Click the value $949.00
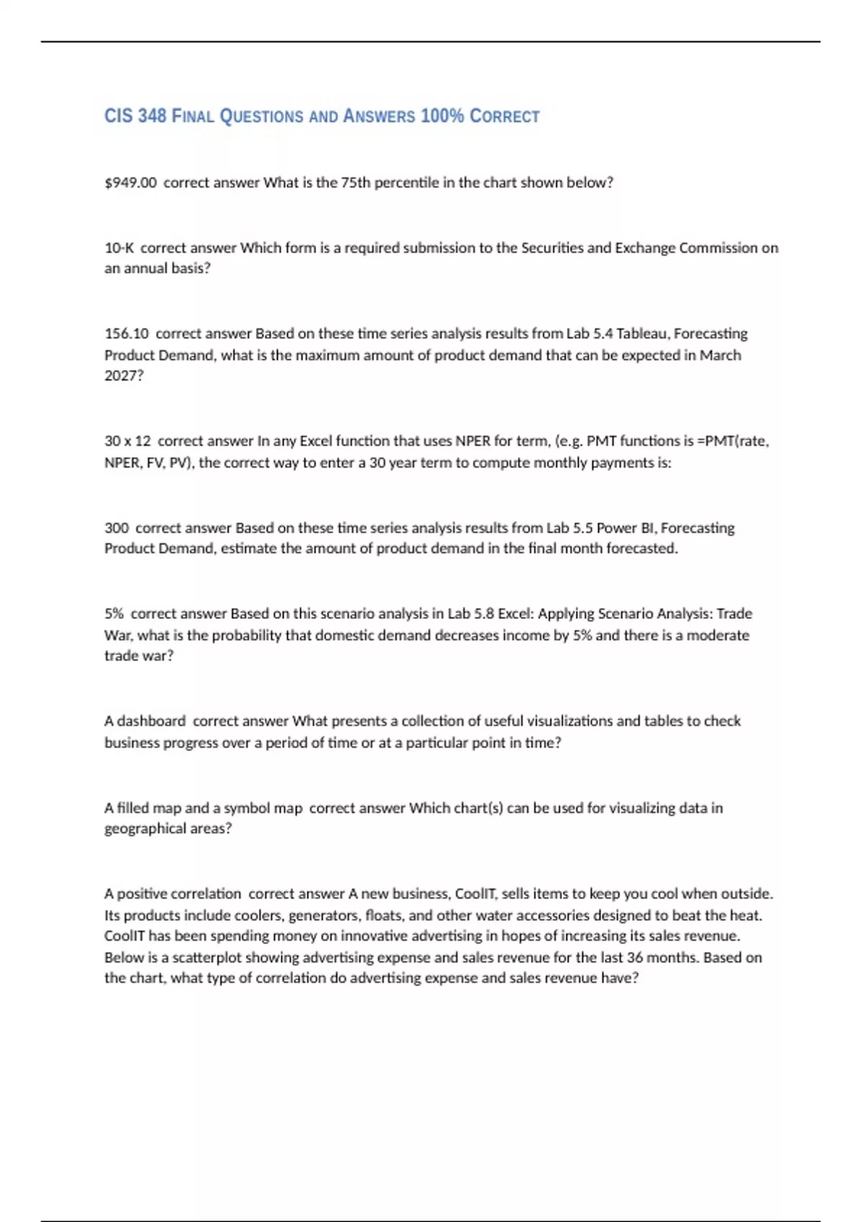click(130, 183)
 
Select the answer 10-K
click(119, 248)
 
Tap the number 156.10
click(126, 334)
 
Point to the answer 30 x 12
click(128, 441)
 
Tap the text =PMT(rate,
click(733, 441)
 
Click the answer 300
click(116, 528)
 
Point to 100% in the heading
click(442, 116)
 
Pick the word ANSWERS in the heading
click(379, 116)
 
